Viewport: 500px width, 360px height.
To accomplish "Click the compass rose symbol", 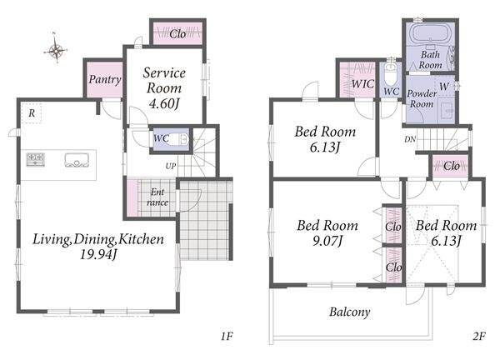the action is [56, 49].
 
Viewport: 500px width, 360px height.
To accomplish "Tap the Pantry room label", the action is [105, 79].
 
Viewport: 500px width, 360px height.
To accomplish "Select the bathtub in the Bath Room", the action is [429, 33].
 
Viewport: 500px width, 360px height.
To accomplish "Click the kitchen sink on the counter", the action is [77, 160].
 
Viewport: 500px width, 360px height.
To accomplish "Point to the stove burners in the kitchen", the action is [35, 159].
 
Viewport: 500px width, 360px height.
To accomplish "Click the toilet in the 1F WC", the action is [177, 139].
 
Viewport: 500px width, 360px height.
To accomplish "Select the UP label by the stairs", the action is [171, 166].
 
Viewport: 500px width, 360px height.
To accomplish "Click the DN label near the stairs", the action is [410, 139].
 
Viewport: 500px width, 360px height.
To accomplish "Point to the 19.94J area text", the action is [98, 254].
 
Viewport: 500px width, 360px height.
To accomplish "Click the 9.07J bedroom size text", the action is [327, 241].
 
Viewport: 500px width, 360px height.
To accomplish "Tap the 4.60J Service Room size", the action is [164, 103].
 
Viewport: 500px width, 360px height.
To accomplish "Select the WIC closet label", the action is [362, 84].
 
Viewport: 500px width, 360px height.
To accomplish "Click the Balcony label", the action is [349, 312].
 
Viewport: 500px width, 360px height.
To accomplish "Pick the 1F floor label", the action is [227, 336].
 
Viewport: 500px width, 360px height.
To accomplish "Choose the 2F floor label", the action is [478, 336].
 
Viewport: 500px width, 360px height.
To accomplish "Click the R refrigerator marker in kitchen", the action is [32, 113].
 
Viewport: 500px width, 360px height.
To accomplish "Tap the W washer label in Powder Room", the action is [444, 86].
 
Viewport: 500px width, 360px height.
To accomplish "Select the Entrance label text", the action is [157, 197].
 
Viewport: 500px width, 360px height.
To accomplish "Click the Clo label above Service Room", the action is [177, 33].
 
